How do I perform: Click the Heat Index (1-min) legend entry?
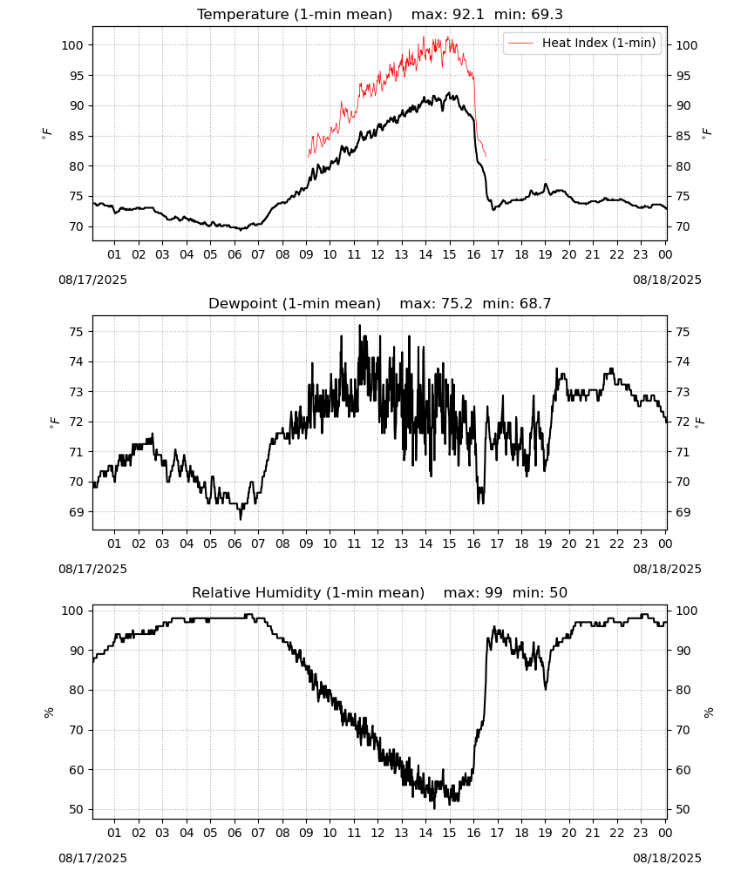click(582, 43)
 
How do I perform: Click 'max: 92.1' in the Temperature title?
click(447, 14)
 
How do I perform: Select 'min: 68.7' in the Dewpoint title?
click(516, 303)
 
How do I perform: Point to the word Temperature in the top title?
click(243, 15)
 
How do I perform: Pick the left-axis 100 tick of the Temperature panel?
click(72, 45)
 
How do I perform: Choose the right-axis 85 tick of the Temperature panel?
click(683, 136)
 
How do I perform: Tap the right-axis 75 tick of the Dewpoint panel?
click(683, 332)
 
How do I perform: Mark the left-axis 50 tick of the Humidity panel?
click(76, 810)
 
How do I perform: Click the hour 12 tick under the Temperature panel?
click(378, 254)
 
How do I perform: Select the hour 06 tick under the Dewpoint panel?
click(235, 544)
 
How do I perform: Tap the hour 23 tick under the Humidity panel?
click(641, 833)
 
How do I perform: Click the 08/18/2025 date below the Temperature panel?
click(667, 280)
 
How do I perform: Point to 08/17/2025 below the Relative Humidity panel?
click(92, 858)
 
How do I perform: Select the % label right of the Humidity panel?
click(708, 712)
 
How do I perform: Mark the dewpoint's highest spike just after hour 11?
click(360, 326)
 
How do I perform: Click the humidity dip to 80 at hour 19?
click(546, 689)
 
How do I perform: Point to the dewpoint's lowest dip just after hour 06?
click(241, 519)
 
